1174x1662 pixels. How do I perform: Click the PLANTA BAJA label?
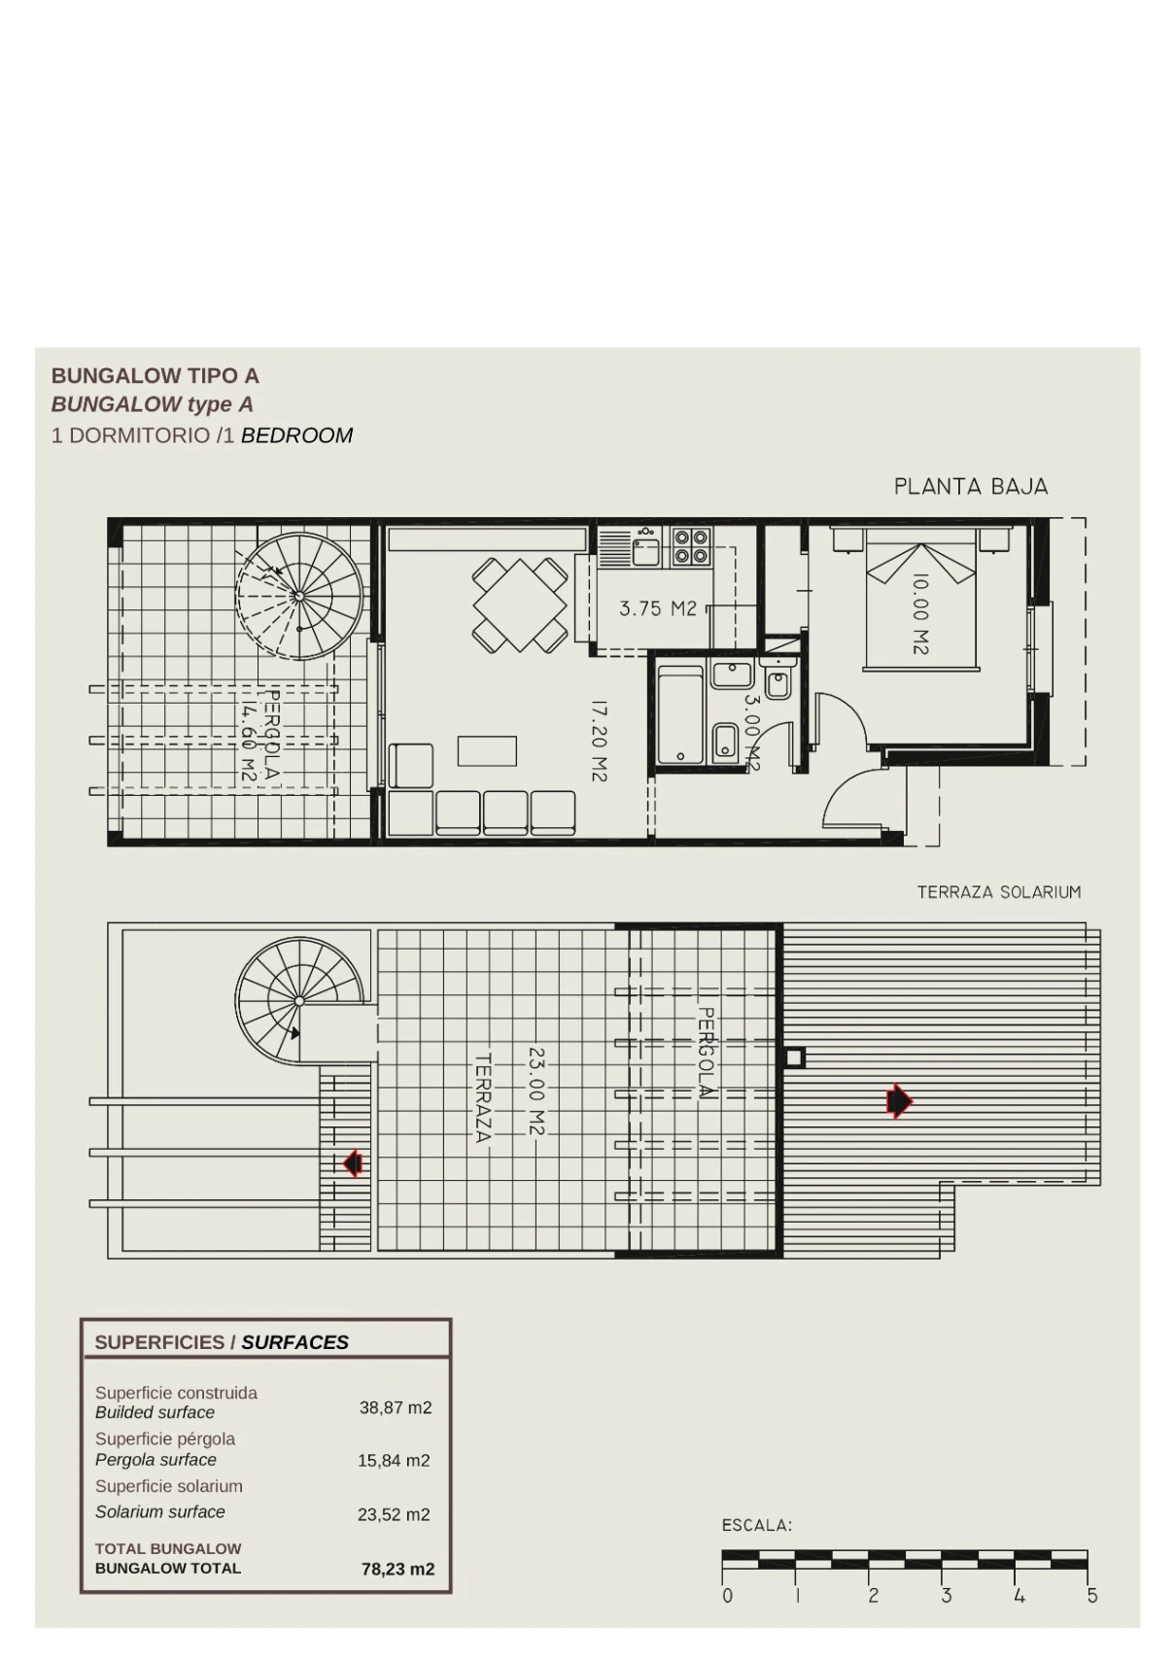(971, 487)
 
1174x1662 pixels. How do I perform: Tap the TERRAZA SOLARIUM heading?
(999, 892)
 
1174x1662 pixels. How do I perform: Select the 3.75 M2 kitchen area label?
(658, 608)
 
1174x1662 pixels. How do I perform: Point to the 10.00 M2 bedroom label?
(920, 614)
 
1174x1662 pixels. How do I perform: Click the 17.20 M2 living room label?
(600, 742)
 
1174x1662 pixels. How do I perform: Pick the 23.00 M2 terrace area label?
(536, 1091)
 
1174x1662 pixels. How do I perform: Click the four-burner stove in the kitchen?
(691, 547)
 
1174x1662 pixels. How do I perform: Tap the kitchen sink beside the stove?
(646, 550)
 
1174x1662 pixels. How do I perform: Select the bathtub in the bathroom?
(680, 714)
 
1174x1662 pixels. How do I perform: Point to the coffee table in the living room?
(487, 750)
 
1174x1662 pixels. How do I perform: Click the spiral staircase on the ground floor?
(299, 596)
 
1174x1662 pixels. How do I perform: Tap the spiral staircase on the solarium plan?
(299, 1001)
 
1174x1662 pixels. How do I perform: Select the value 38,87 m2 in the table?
(396, 1407)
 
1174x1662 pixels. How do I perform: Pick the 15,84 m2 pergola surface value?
(394, 1460)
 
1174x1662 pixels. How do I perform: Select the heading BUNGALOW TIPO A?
(155, 376)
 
